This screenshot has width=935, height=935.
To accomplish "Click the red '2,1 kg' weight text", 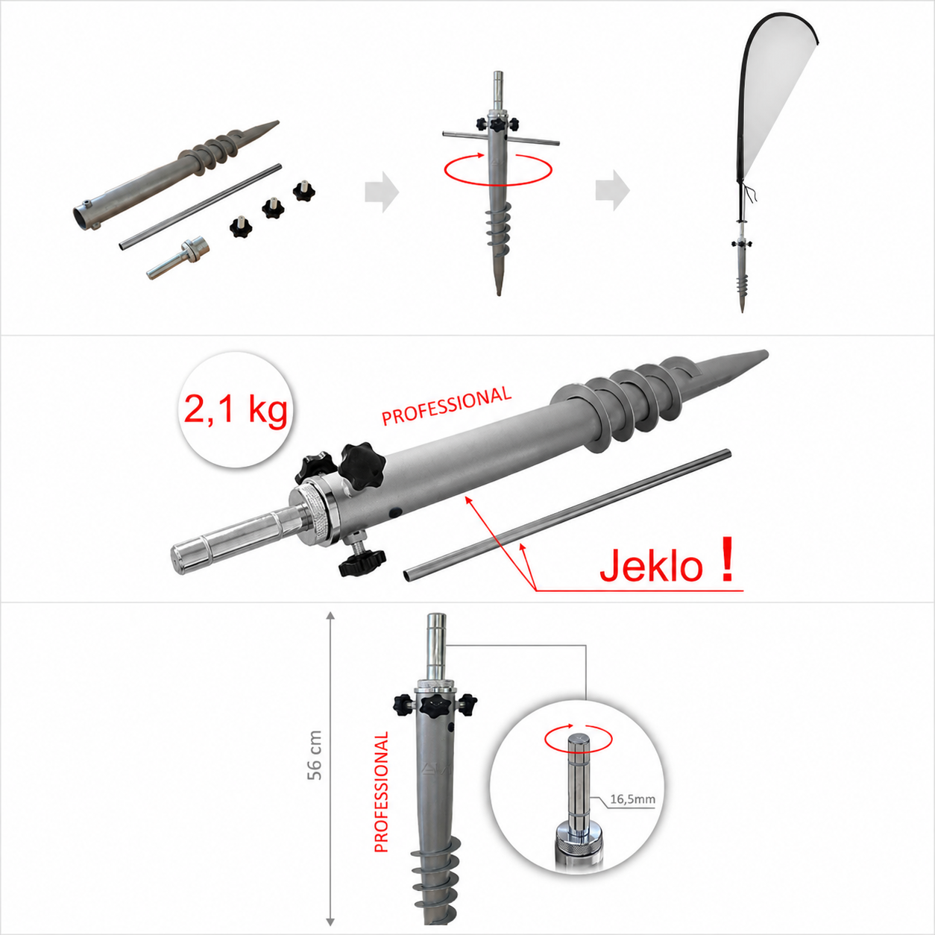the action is click(x=236, y=411).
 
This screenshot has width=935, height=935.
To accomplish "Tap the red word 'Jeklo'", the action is click(x=651, y=566).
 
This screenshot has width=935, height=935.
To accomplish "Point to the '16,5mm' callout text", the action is click(x=632, y=799).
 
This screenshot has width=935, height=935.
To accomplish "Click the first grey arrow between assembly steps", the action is click(x=382, y=192).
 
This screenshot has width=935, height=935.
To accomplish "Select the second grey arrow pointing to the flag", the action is click(x=613, y=190).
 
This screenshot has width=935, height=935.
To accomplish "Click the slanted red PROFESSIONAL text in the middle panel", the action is click(x=447, y=406).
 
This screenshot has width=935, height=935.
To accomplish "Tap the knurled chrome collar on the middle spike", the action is click(x=315, y=511).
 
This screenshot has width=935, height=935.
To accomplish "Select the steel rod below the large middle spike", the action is click(x=567, y=514).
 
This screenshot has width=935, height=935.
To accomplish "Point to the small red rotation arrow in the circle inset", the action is click(x=579, y=738).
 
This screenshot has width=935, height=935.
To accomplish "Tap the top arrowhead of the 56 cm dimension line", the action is click(x=330, y=616).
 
